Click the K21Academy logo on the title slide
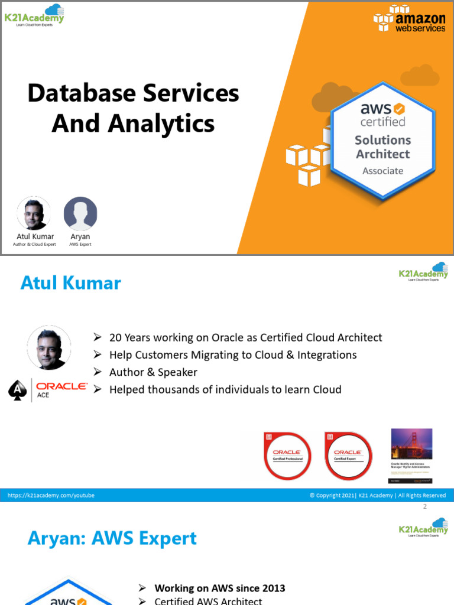point(34,15)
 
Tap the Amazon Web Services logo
point(409,19)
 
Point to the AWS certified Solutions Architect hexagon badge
point(382,141)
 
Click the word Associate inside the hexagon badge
point(382,171)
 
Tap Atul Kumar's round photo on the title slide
point(34,213)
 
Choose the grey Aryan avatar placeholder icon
point(80,213)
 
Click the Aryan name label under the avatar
point(80,236)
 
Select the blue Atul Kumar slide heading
point(70,283)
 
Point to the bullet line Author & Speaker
point(153,372)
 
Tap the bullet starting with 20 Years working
point(245,337)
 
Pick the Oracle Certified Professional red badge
point(287,455)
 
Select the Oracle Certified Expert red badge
point(349,455)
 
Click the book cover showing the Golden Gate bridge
point(411,453)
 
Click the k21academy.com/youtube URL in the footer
point(51,495)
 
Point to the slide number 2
point(424,507)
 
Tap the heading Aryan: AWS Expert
point(112,538)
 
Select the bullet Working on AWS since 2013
point(219,588)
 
